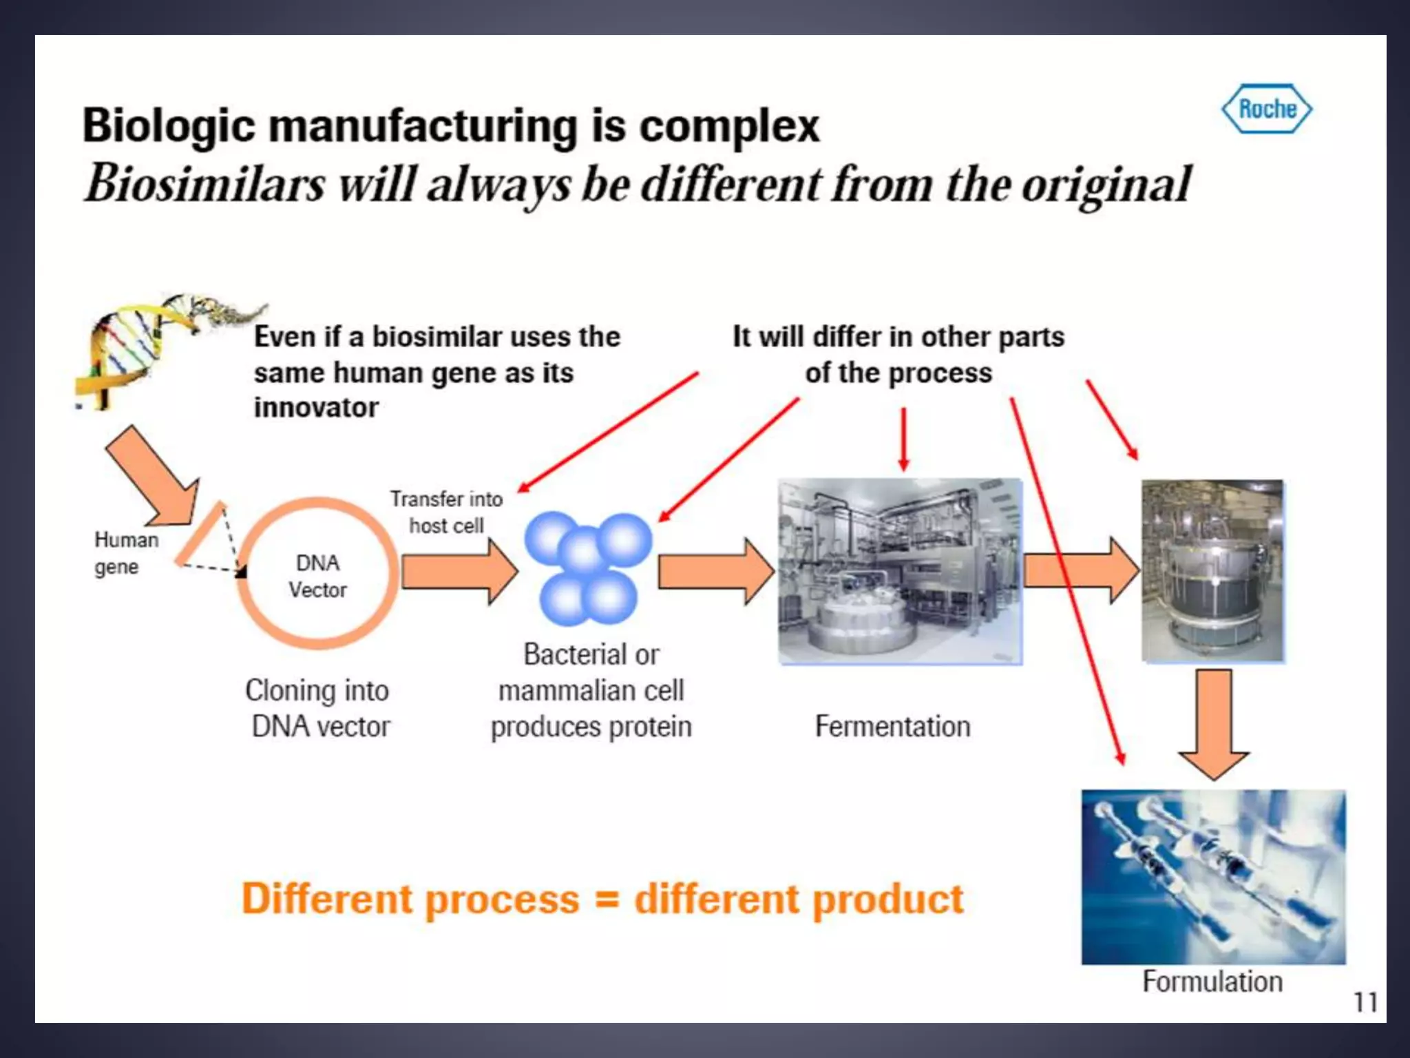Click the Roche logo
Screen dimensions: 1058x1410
(x=1267, y=109)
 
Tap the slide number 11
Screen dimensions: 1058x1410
(x=1365, y=1002)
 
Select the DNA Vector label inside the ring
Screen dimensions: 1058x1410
(x=317, y=577)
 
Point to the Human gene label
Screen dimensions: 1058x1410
(x=125, y=553)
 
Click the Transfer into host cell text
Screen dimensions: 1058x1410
(x=446, y=512)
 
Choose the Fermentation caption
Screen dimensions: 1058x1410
(x=892, y=727)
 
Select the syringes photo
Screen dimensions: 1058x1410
(x=1213, y=876)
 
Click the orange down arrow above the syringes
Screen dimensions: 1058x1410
(x=1214, y=723)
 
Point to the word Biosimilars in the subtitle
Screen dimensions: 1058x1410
(x=204, y=185)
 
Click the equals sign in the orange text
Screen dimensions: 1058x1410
(x=607, y=900)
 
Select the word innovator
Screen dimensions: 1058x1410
(x=316, y=408)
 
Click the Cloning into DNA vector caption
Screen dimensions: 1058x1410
(x=317, y=709)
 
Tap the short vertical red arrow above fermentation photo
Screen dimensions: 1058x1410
(x=904, y=439)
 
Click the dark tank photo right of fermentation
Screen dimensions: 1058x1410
(x=1212, y=571)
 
